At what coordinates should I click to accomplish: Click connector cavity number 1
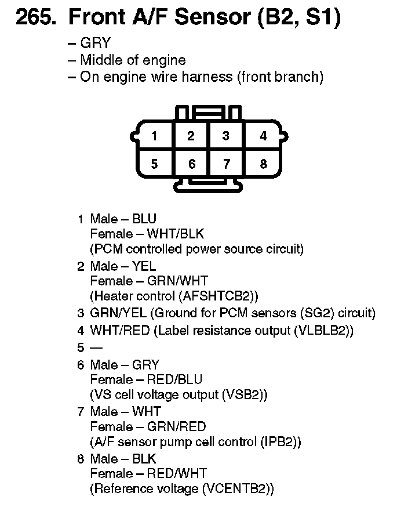point(154,136)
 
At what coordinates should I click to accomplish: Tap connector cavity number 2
point(191,136)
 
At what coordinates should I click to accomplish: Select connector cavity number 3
point(226,136)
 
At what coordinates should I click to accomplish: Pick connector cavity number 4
point(263,136)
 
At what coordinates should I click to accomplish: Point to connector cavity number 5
point(154,164)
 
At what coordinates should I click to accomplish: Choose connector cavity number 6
point(192,164)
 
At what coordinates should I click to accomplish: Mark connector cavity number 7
point(226,164)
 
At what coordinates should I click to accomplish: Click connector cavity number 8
point(263,164)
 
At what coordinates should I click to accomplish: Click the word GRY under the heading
point(95,44)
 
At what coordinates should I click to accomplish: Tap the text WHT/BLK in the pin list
point(175,234)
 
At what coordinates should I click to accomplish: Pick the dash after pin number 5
point(96,348)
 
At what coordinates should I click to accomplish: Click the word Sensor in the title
point(206,18)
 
